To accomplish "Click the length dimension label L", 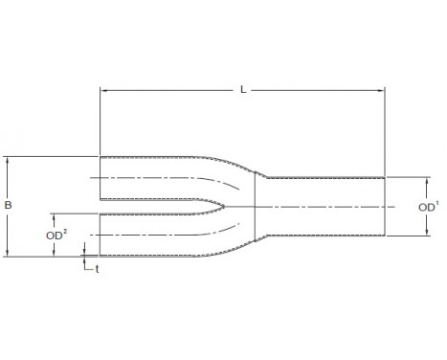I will pyautogui.click(x=243, y=90).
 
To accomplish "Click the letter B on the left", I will pyautogui.click(x=10, y=204).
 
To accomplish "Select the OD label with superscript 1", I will pyautogui.click(x=428, y=206).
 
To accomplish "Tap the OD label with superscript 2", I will pyautogui.click(x=56, y=234).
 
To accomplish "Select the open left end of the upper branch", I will pyautogui.click(x=101, y=178).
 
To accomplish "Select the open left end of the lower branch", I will pyautogui.click(x=101, y=235).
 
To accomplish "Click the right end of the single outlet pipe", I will pyautogui.click(x=385, y=207).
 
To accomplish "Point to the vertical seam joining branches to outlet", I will pyautogui.click(x=255, y=207).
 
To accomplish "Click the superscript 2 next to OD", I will pyautogui.click(x=65, y=229).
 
